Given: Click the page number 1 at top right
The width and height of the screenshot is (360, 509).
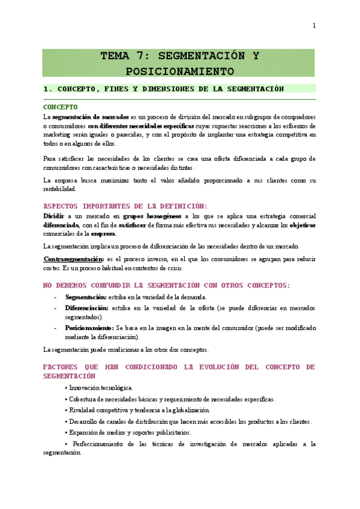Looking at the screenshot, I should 314,25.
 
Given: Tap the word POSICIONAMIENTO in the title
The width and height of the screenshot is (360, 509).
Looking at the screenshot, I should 179,71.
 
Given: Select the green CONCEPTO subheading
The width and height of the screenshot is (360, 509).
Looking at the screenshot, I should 61,107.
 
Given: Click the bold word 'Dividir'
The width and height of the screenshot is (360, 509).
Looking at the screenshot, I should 53,215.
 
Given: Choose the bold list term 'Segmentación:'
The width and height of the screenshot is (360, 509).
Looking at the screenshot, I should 86,297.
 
